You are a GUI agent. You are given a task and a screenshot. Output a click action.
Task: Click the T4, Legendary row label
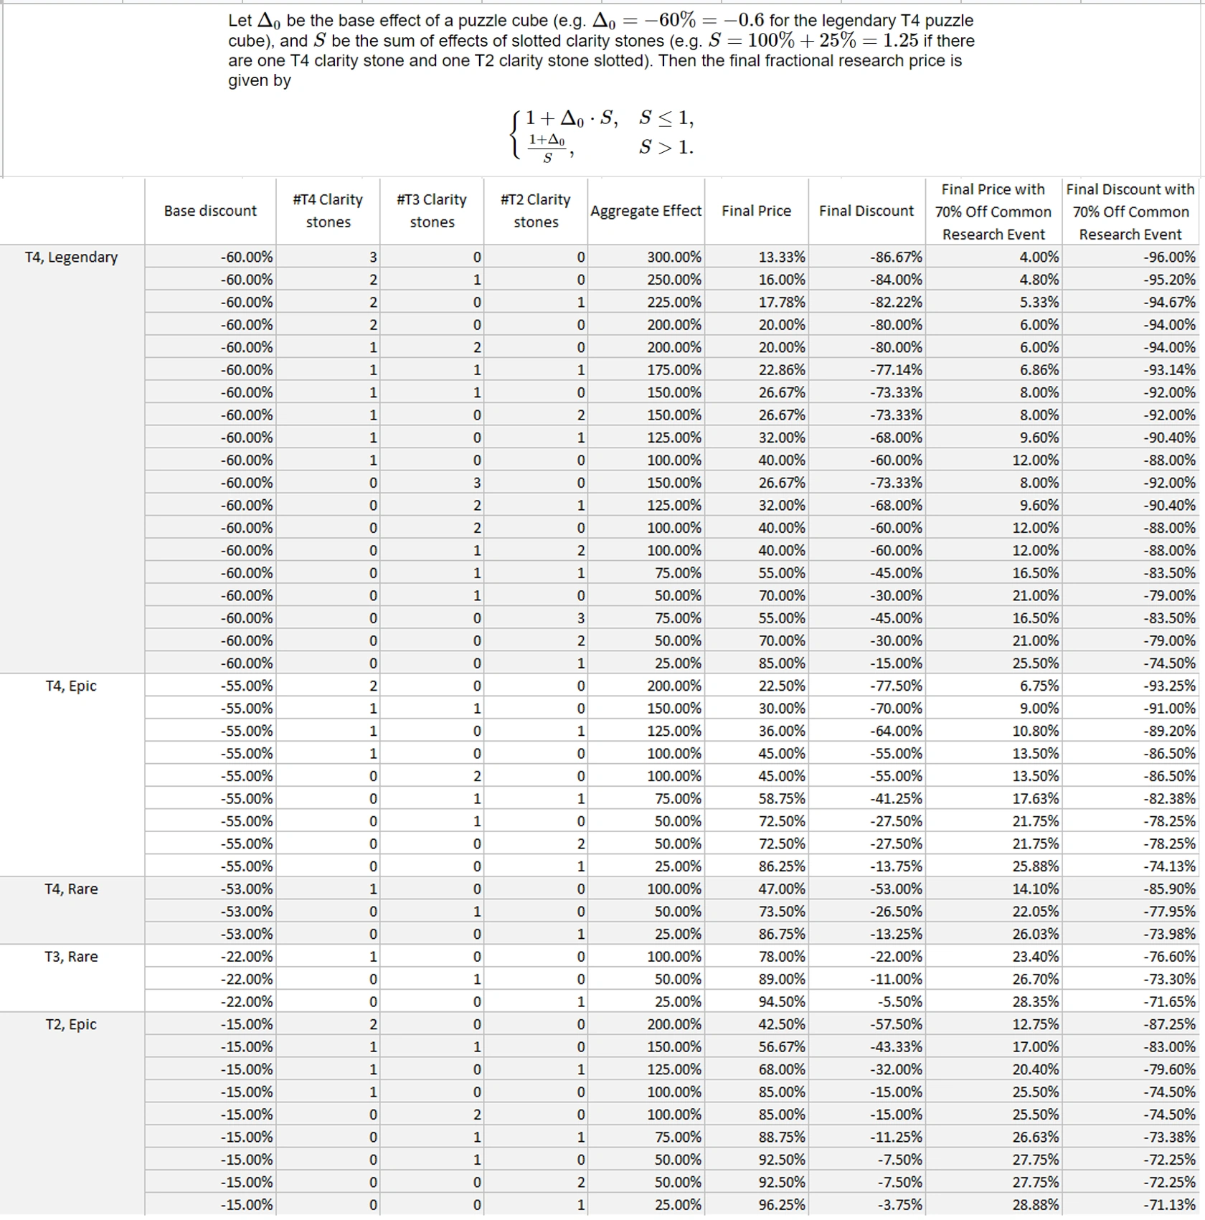point(71,257)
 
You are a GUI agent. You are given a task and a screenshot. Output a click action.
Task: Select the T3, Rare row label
point(71,956)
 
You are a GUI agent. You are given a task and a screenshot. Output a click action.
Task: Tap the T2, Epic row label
point(71,1024)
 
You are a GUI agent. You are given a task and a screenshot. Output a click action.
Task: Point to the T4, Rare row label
point(71,889)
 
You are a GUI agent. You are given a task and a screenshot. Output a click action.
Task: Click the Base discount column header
point(210,211)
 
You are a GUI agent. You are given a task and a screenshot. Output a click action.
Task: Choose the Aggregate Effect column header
point(646,211)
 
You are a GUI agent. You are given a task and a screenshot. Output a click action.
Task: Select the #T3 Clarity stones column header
point(432,211)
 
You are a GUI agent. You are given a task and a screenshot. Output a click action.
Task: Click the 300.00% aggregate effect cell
point(674,257)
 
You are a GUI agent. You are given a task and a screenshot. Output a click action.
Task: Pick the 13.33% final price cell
point(782,257)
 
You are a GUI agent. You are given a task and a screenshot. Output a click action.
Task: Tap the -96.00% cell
point(1169,257)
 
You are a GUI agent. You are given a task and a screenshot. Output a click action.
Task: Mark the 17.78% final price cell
point(782,302)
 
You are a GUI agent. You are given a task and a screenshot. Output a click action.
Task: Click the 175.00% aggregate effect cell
point(674,370)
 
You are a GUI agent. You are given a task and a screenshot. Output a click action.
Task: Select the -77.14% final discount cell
point(896,370)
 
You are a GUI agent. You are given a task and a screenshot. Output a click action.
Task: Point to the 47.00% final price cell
point(782,889)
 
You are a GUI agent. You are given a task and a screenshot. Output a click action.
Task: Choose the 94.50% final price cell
point(782,1001)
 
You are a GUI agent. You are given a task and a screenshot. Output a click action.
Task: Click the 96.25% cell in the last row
point(782,1205)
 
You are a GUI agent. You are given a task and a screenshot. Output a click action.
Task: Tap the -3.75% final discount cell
point(899,1205)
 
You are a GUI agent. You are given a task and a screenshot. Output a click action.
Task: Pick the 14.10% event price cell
point(1035,889)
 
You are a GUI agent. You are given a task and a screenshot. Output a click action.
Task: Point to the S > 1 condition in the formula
point(666,147)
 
